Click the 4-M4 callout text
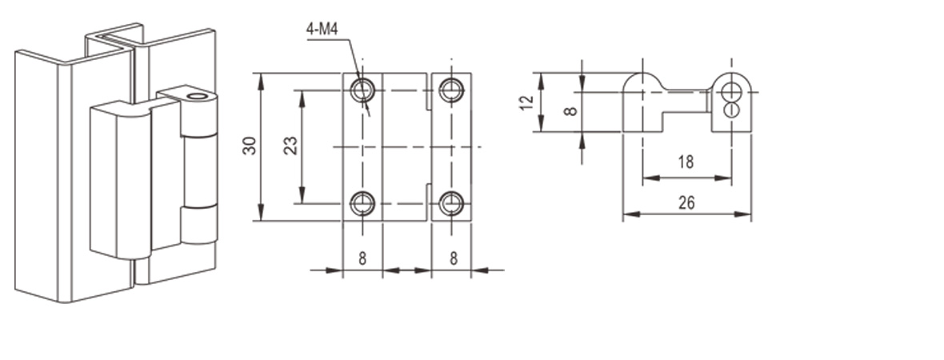click(322, 29)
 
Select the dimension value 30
click(250, 146)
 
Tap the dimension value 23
click(290, 146)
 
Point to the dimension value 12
click(526, 103)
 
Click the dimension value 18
click(686, 162)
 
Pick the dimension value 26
click(686, 203)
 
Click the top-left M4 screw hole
click(363, 90)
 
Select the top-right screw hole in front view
click(451, 90)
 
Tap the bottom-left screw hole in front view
click(363, 203)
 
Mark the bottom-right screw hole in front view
click(451, 203)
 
